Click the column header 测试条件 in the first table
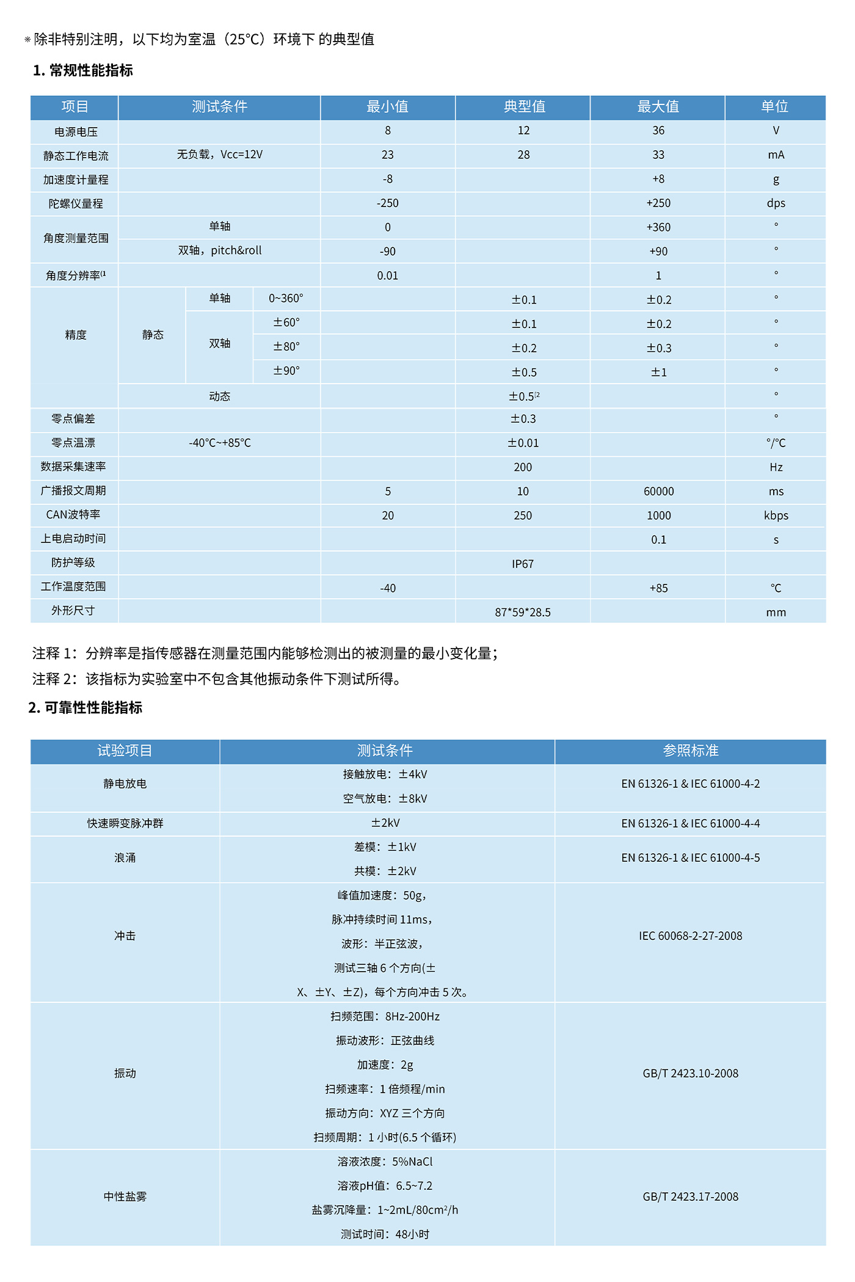pos(219,107)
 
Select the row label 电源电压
pos(76,132)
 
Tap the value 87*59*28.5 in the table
pos(523,612)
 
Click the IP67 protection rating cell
pos(523,564)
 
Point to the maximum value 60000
pos(658,492)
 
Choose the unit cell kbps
pos(776,515)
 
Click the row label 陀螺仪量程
pos(76,203)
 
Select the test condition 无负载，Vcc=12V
pos(220,155)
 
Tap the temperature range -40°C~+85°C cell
pos(220,443)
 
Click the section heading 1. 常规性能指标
pos(83,70)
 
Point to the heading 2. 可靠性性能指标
pos(85,707)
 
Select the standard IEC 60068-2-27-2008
pos(690,936)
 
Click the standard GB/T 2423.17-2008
pos(690,1196)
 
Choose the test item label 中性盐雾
pos(125,1196)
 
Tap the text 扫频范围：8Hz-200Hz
pos(385,1016)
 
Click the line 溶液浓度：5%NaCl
pos(385,1162)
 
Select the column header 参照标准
pos(690,751)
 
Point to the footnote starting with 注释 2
pos(217,679)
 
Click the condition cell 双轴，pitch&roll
pos(220,250)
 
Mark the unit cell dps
pos(776,203)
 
